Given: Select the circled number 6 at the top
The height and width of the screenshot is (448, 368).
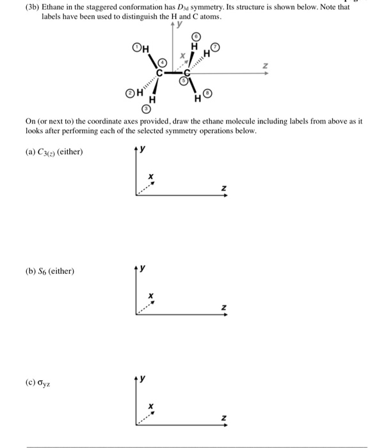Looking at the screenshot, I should (x=196, y=37).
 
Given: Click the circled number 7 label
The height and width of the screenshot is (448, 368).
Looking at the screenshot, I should (x=216, y=49).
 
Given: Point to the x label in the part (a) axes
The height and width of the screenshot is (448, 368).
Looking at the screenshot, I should (x=151, y=176).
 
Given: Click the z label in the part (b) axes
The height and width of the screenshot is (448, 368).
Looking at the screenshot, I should (x=223, y=308).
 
